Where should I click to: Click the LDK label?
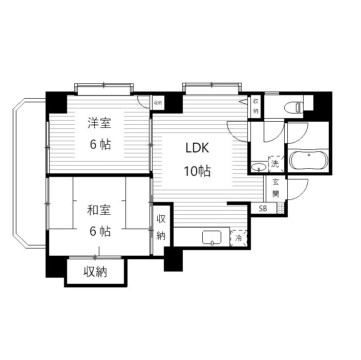(197, 148)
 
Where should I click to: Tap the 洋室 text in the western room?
(99, 123)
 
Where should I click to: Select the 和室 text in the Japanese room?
(99, 210)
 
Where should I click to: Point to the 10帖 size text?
(197, 171)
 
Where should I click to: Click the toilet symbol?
(294, 107)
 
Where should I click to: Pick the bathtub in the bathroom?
(308, 161)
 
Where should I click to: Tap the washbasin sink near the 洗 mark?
(259, 167)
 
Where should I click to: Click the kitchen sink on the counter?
(212, 237)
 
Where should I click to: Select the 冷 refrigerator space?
(239, 238)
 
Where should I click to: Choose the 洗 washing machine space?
(276, 164)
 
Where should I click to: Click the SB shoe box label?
(263, 209)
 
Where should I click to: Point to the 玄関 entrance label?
(275, 188)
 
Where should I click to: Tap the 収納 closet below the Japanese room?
(95, 272)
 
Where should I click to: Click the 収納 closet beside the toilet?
(256, 106)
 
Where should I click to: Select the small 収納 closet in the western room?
(158, 103)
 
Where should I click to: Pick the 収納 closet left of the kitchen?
(161, 227)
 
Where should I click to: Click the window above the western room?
(104, 89)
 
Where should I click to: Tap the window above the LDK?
(212, 88)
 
